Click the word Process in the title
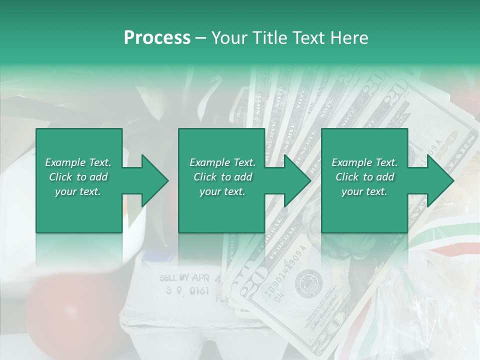pyautogui.click(x=157, y=37)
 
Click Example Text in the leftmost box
pyautogui.click(x=78, y=162)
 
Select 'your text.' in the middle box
pyautogui.click(x=222, y=191)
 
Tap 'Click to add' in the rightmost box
pyautogui.click(x=364, y=177)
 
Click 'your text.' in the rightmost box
pyautogui.click(x=364, y=191)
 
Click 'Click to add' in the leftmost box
pyautogui.click(x=78, y=177)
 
